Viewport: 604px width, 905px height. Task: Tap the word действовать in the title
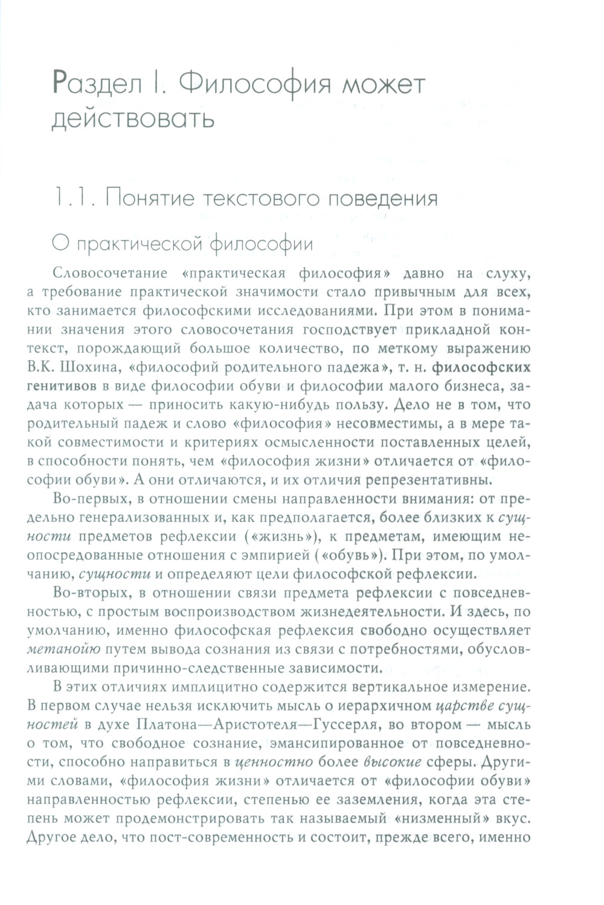click(133, 118)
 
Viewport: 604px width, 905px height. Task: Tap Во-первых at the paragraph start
click(85, 500)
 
